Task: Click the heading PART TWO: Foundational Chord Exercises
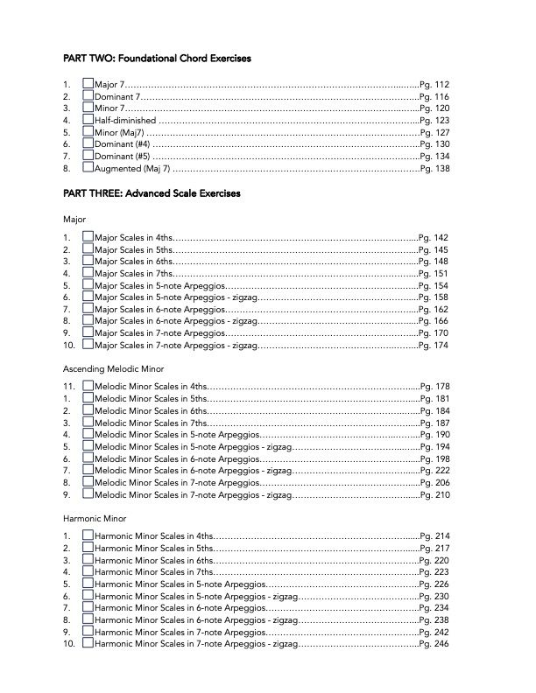click(x=157, y=59)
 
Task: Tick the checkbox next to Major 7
click(x=88, y=83)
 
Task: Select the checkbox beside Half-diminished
click(x=88, y=119)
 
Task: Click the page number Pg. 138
click(x=434, y=168)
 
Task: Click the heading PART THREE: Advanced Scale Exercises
click(x=152, y=192)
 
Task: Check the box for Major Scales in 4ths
click(x=88, y=237)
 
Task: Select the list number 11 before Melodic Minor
click(x=67, y=386)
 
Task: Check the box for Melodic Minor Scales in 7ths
click(x=88, y=422)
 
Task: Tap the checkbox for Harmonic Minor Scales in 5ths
click(x=88, y=547)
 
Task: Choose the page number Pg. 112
click(x=434, y=84)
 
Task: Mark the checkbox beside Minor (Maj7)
click(x=88, y=131)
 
